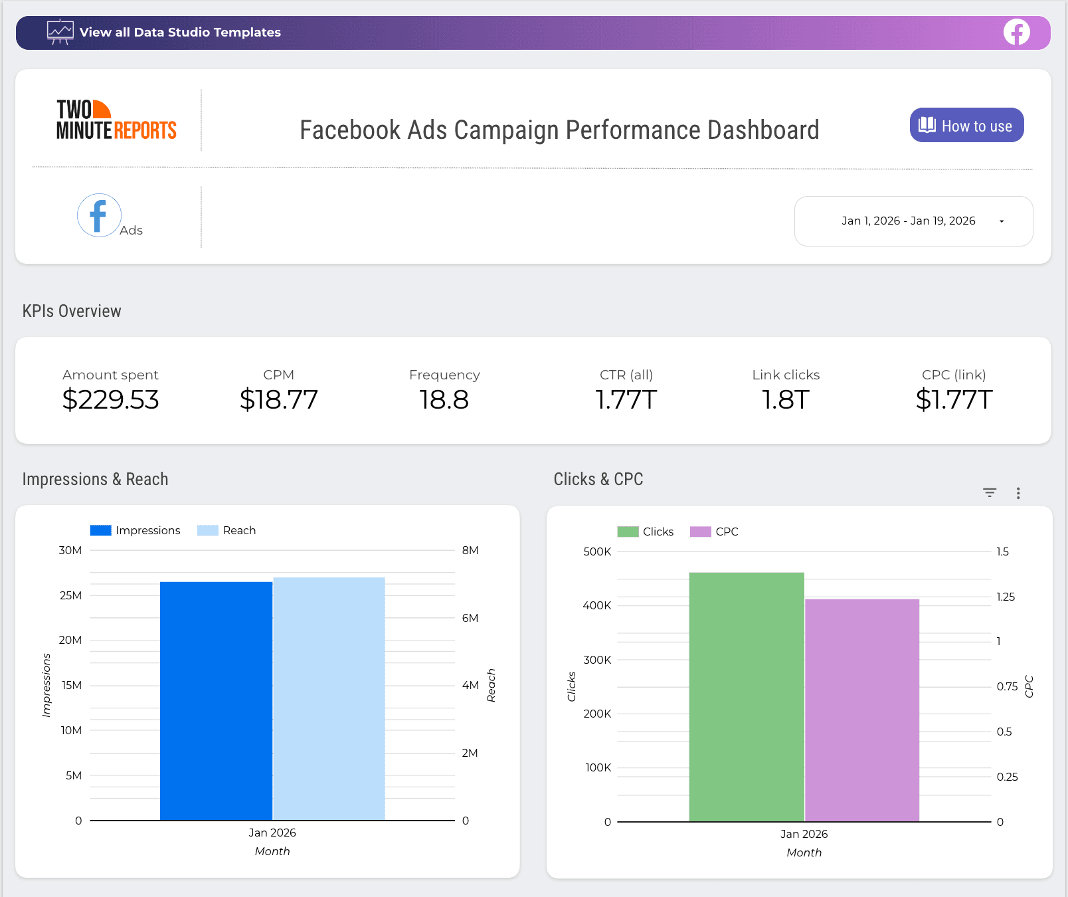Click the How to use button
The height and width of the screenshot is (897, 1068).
[966, 126]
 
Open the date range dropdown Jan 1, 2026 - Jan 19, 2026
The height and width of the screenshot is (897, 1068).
[913, 221]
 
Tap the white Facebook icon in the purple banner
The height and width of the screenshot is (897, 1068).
[1016, 33]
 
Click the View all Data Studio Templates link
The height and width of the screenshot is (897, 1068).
[179, 33]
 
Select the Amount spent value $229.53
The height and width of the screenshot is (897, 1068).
[110, 400]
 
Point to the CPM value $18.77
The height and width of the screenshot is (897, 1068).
[278, 400]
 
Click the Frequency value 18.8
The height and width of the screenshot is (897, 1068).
[444, 400]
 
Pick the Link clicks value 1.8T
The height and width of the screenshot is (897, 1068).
[785, 400]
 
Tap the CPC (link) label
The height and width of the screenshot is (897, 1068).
[954, 375]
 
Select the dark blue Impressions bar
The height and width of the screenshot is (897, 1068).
[216, 701]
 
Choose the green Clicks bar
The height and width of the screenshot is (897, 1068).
[747, 698]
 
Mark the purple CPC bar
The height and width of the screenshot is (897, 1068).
[862, 711]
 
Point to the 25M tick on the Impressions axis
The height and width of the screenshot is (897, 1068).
[70, 595]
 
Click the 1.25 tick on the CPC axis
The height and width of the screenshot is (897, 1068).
[1006, 597]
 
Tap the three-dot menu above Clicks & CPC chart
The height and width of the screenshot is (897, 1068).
[1018, 493]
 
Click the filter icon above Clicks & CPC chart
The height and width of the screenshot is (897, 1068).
[990, 493]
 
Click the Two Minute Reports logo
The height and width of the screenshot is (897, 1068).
[116, 120]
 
